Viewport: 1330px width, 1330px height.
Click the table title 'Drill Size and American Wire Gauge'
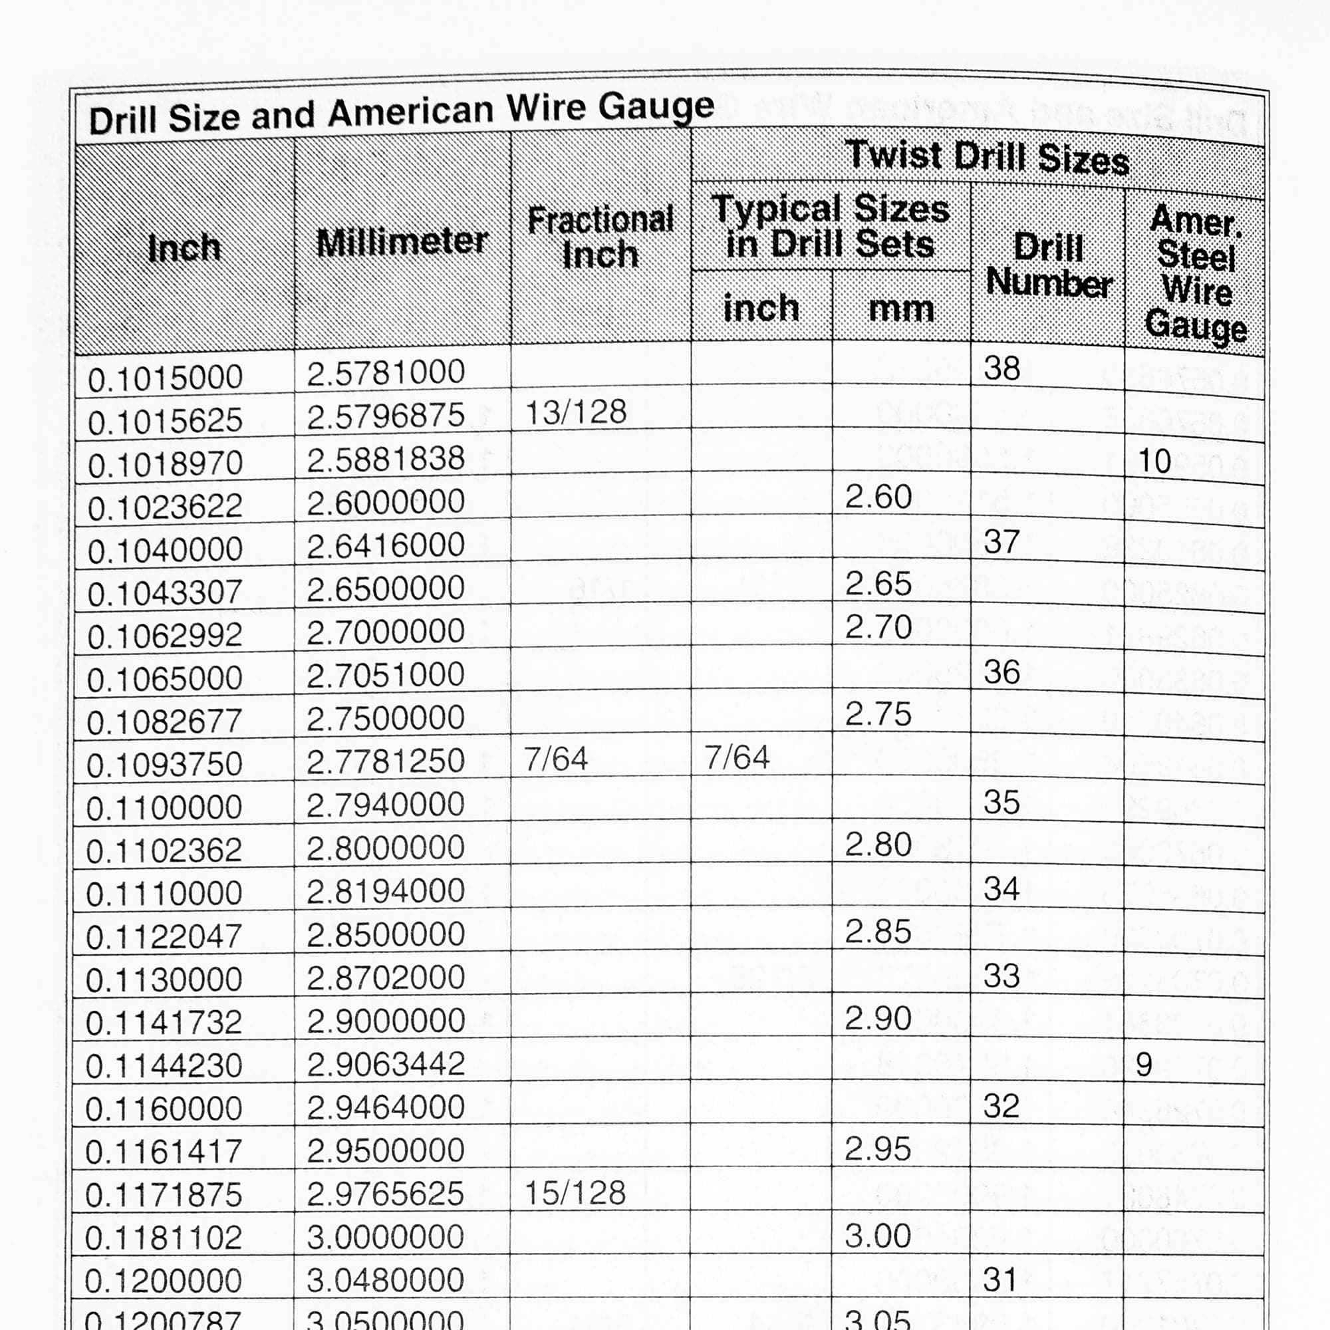pyautogui.click(x=402, y=114)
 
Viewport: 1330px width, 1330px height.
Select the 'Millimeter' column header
pyautogui.click(x=402, y=241)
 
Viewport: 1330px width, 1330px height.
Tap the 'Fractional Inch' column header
pyautogui.click(x=600, y=237)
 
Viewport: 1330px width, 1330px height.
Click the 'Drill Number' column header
pyautogui.click(x=1049, y=265)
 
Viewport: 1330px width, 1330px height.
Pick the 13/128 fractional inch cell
pyautogui.click(x=575, y=412)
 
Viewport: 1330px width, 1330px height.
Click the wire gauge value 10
pyautogui.click(x=1154, y=461)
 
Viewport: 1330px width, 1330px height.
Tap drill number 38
pyautogui.click(x=1001, y=368)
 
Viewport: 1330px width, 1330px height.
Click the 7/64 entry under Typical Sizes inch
pyautogui.click(x=737, y=758)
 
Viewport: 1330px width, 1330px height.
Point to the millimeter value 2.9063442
pyautogui.click(x=386, y=1063)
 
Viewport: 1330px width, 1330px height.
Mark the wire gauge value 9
pyautogui.click(x=1143, y=1065)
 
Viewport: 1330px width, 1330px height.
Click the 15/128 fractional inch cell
pyautogui.click(x=575, y=1192)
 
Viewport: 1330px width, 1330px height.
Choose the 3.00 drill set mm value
pyautogui.click(x=878, y=1235)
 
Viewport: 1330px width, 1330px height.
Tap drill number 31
pyautogui.click(x=1000, y=1279)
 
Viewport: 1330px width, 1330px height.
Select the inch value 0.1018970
pyautogui.click(x=165, y=464)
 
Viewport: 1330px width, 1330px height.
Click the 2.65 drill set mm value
pyautogui.click(x=878, y=584)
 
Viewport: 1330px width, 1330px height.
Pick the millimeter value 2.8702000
pyautogui.click(x=386, y=977)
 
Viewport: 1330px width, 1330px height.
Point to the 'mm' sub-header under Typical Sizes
pyautogui.click(x=900, y=309)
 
